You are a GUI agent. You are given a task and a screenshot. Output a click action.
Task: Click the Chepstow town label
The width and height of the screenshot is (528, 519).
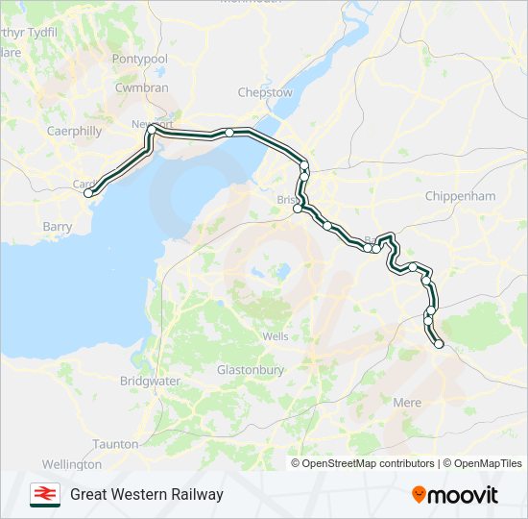click(265, 92)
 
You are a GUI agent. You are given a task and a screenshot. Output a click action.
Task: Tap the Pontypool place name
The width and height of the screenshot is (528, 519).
click(139, 59)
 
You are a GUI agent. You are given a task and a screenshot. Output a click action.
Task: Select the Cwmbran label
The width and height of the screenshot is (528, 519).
click(141, 87)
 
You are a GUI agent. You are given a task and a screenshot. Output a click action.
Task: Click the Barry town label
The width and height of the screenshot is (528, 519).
click(58, 227)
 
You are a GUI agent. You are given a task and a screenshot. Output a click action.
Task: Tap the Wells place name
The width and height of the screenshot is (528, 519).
click(275, 336)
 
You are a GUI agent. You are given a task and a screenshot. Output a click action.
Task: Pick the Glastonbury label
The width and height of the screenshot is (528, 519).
click(250, 370)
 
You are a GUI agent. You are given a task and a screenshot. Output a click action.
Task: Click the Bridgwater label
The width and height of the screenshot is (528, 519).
click(150, 381)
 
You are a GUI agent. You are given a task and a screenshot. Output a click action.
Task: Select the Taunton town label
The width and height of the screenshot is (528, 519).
click(115, 444)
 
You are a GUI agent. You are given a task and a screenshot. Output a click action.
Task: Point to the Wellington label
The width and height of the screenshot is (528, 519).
click(71, 464)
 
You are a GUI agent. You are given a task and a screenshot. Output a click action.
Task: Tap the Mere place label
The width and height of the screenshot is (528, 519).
click(407, 403)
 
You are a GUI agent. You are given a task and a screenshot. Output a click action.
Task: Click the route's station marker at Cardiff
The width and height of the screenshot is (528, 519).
click(88, 193)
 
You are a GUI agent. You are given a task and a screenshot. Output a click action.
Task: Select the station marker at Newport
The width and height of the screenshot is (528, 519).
click(152, 128)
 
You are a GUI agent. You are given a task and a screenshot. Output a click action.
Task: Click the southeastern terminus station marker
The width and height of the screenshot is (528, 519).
click(440, 344)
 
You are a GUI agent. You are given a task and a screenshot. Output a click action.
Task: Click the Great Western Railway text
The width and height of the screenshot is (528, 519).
click(146, 494)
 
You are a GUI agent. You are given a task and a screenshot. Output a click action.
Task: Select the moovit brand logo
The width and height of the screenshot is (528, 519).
click(455, 494)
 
